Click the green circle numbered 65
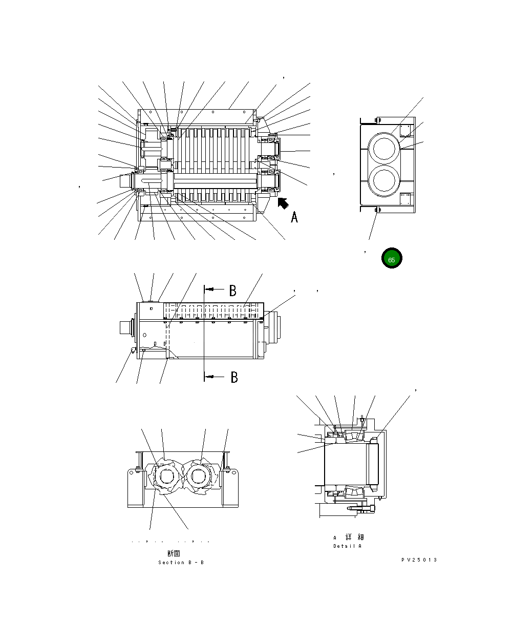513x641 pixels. tap(392, 259)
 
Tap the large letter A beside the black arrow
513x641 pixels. tap(294, 217)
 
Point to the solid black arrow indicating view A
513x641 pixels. tap(283, 204)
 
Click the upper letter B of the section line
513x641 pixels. tap(232, 291)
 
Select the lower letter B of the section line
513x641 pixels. tap(234, 378)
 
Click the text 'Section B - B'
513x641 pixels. tap(181, 563)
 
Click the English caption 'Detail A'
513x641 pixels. tap(348, 546)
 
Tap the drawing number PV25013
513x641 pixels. tap(419, 560)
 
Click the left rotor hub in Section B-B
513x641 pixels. tap(165, 477)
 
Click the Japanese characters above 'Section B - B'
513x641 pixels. tap(174, 553)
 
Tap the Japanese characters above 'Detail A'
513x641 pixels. tap(355, 537)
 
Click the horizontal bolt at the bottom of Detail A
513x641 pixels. tap(360, 509)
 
